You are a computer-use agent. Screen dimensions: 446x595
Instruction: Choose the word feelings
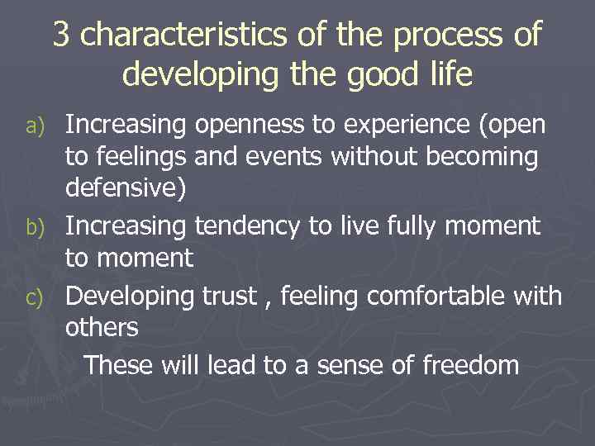tap(140, 158)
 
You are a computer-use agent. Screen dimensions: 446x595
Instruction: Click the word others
tap(102, 327)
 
